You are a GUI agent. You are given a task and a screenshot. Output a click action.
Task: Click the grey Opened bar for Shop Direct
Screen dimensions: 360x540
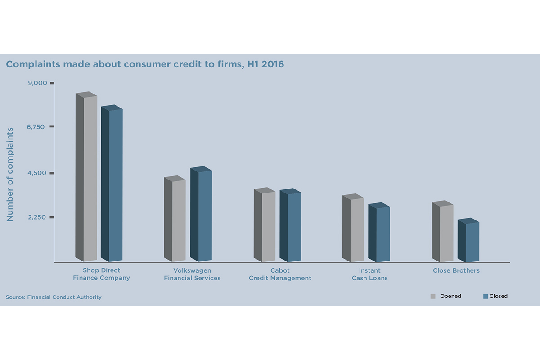86,178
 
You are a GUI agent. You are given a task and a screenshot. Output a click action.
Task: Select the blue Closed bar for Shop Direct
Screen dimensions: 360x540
112,184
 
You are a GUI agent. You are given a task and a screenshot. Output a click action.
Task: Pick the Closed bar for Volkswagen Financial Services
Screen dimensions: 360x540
201,215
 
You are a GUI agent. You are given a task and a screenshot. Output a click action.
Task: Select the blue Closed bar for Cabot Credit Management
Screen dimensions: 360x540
291,226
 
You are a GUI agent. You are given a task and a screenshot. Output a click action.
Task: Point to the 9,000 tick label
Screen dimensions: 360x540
37,83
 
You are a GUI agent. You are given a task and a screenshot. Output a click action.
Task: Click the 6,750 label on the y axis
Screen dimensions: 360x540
36,127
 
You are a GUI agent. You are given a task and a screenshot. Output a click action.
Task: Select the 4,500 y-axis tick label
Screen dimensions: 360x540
36,173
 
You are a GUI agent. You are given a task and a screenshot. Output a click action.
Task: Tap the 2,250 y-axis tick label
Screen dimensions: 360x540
36,217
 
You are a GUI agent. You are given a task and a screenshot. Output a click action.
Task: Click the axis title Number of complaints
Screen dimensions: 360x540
10,174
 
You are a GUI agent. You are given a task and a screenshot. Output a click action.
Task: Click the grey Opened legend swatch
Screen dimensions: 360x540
433,296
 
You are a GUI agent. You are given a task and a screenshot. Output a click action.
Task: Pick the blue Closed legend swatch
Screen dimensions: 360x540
486,296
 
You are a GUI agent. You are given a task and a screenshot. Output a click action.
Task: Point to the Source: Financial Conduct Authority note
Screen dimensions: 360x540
54,297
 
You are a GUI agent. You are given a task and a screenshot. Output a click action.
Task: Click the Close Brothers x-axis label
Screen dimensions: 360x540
456,270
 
